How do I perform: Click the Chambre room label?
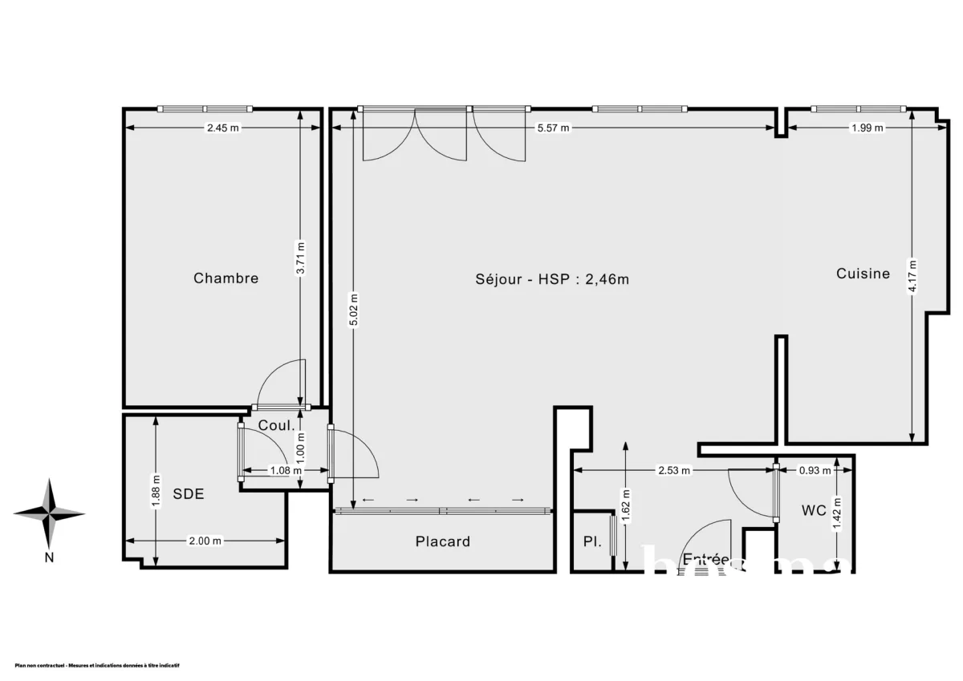[226, 278]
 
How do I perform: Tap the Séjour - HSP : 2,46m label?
[552, 279]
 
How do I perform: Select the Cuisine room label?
[863, 274]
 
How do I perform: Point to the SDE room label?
[189, 494]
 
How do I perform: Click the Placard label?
[442, 541]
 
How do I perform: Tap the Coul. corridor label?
[275, 426]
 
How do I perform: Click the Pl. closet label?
[591, 541]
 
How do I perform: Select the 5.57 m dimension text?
[553, 128]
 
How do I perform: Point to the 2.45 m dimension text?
[222, 128]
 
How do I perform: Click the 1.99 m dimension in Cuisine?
[867, 128]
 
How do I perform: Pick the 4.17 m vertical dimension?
[912, 275]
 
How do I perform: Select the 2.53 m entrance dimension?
[674, 471]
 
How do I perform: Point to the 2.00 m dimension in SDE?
[205, 541]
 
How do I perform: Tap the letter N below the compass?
[49, 558]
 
